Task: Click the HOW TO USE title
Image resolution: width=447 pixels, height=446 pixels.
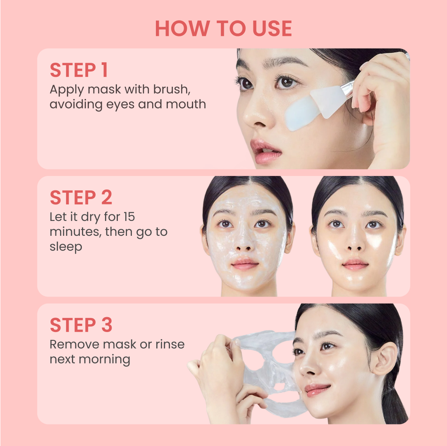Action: pos(223,28)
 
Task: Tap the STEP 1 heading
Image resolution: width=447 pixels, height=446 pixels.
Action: pos(79,70)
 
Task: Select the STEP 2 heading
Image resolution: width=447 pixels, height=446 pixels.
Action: pos(81,198)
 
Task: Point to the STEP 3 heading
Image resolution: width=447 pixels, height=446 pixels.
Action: pos(81,325)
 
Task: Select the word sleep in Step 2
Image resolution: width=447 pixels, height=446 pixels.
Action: pos(66,247)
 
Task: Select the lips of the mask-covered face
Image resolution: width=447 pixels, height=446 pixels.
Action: pos(245,264)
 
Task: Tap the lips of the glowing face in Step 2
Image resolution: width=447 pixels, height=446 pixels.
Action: pos(355,264)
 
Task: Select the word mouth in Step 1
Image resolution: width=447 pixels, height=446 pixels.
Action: pos(186,104)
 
